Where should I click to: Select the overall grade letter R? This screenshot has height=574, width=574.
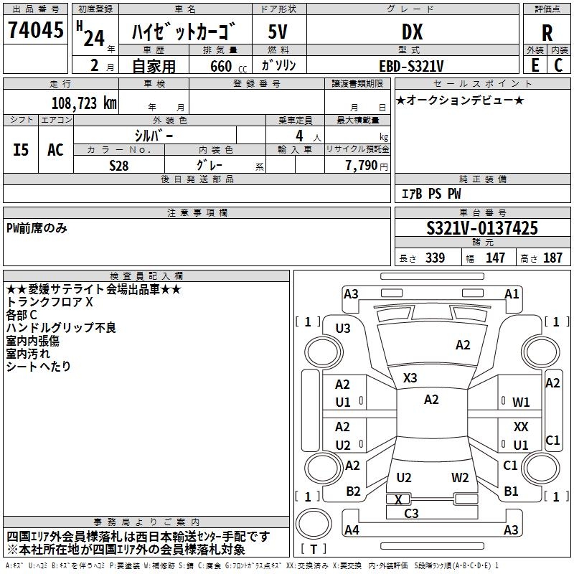(547, 32)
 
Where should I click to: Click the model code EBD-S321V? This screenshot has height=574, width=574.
(411, 65)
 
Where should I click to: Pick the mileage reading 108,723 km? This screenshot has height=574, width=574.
(84, 103)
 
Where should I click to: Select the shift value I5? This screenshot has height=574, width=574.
(22, 149)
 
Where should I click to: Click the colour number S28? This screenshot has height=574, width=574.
(118, 164)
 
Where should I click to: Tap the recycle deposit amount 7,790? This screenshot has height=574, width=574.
(362, 165)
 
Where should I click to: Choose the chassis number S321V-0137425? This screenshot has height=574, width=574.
(481, 228)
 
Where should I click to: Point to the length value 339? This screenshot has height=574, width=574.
(434, 258)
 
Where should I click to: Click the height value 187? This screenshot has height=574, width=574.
(552, 258)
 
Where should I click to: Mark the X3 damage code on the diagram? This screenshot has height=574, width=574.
(410, 377)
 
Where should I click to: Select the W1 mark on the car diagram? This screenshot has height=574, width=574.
(521, 403)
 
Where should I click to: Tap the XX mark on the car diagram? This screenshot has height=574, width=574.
(521, 427)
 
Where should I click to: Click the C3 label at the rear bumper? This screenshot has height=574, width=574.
(411, 513)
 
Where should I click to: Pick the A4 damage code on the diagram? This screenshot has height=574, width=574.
(352, 530)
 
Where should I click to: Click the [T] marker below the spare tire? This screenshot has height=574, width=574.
(314, 549)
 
